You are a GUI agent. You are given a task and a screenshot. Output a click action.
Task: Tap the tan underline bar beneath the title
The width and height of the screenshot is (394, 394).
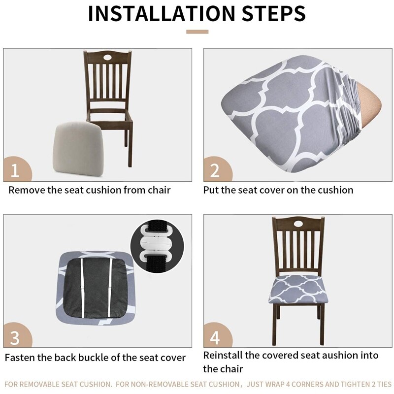point(197,32)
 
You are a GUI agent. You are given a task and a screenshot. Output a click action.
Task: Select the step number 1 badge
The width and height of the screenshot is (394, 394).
point(15,170)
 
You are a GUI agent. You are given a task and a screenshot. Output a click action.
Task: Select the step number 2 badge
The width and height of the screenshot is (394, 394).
point(215,170)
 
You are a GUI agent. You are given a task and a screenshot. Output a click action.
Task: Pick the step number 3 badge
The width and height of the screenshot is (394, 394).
point(15,337)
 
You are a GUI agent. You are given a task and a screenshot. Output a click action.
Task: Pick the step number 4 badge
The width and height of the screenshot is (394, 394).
point(215,337)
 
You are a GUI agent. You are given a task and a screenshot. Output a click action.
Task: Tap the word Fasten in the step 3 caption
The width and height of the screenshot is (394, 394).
point(21,358)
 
